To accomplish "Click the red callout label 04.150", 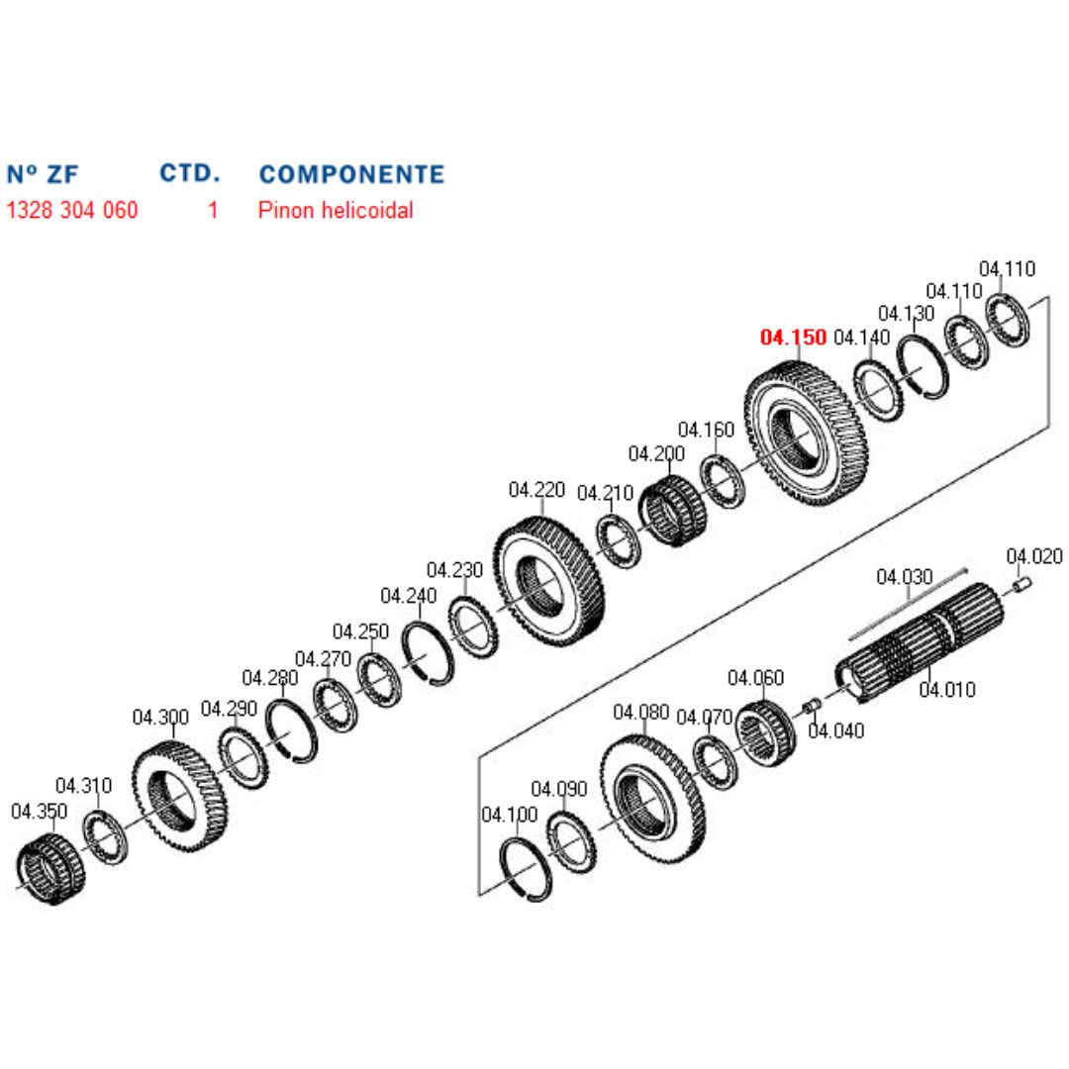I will [x=793, y=338].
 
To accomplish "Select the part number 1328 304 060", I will [x=72, y=210].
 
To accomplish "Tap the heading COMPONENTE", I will [x=351, y=174].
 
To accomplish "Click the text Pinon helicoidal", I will [x=336, y=210].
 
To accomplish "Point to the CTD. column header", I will [x=189, y=173].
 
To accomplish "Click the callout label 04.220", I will [x=536, y=489].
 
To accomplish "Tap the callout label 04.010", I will [x=946, y=689].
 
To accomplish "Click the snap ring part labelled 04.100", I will [x=527, y=870].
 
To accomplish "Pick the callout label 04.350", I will [x=39, y=812].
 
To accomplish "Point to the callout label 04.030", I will [x=904, y=576].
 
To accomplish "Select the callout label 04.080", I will [x=640, y=712].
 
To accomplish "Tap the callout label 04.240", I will [x=408, y=596].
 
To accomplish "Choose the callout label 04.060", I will [x=755, y=678].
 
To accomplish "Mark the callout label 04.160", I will [x=706, y=430].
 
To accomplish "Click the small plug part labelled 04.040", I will [x=810, y=706].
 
